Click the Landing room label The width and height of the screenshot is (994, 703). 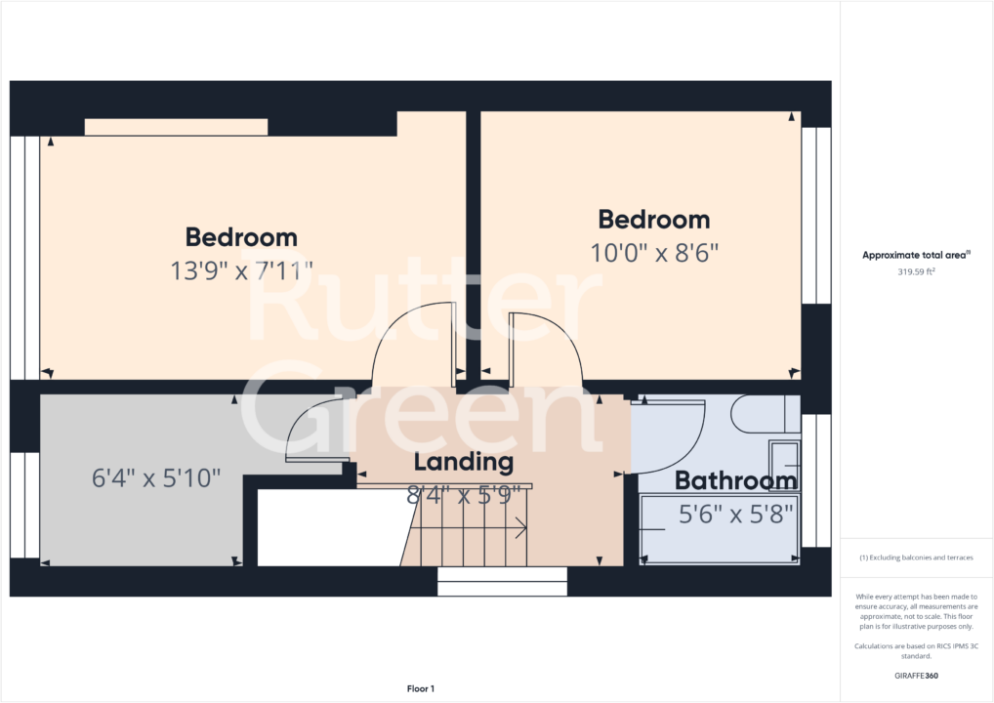[x=463, y=461]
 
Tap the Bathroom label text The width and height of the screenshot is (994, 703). [x=735, y=480]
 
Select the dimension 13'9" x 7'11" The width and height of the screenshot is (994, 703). [x=241, y=270]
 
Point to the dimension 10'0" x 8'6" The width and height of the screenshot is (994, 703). [x=654, y=253]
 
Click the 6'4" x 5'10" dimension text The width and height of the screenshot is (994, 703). [x=156, y=478]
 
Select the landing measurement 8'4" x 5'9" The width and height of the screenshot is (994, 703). [x=463, y=495]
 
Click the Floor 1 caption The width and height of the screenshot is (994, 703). [x=420, y=689]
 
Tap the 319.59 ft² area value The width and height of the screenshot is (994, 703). [x=916, y=272]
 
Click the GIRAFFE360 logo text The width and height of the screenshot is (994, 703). [x=916, y=676]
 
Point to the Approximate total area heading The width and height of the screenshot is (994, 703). [x=916, y=255]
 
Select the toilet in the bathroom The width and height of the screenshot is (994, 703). [x=766, y=414]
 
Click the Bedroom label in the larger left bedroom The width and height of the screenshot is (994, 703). [x=241, y=236]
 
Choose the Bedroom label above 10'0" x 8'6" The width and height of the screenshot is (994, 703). [x=654, y=219]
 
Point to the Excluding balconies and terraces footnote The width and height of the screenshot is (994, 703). [x=916, y=558]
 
